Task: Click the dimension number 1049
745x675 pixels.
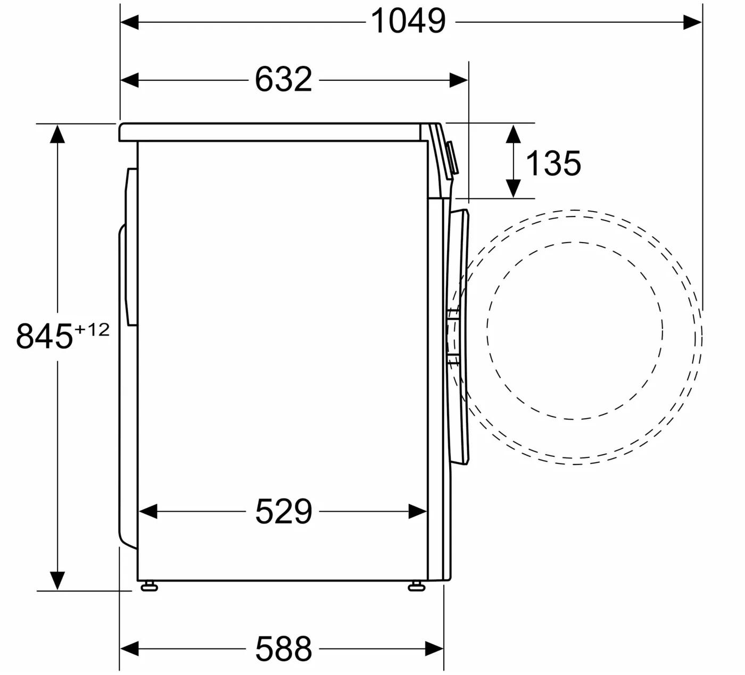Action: point(408,21)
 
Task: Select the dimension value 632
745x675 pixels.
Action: point(284,79)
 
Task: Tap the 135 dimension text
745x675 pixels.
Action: point(553,163)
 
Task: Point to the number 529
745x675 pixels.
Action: point(284,511)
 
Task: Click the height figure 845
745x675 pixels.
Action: point(44,336)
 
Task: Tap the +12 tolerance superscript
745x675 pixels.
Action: point(93,330)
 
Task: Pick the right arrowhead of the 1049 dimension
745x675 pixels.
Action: point(693,22)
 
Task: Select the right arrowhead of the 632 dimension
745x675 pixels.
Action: point(459,80)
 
